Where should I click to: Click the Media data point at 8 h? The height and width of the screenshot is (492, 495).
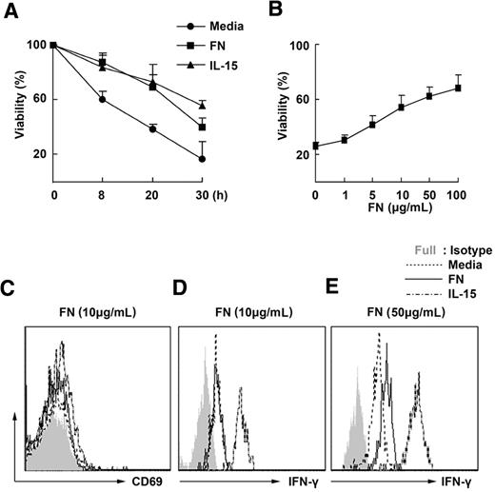(x=102, y=99)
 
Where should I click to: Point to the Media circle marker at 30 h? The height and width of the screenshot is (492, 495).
(x=201, y=159)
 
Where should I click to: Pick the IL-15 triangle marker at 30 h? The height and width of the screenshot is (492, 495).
(x=201, y=105)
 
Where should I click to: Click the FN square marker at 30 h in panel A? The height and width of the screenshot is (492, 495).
(x=201, y=127)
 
